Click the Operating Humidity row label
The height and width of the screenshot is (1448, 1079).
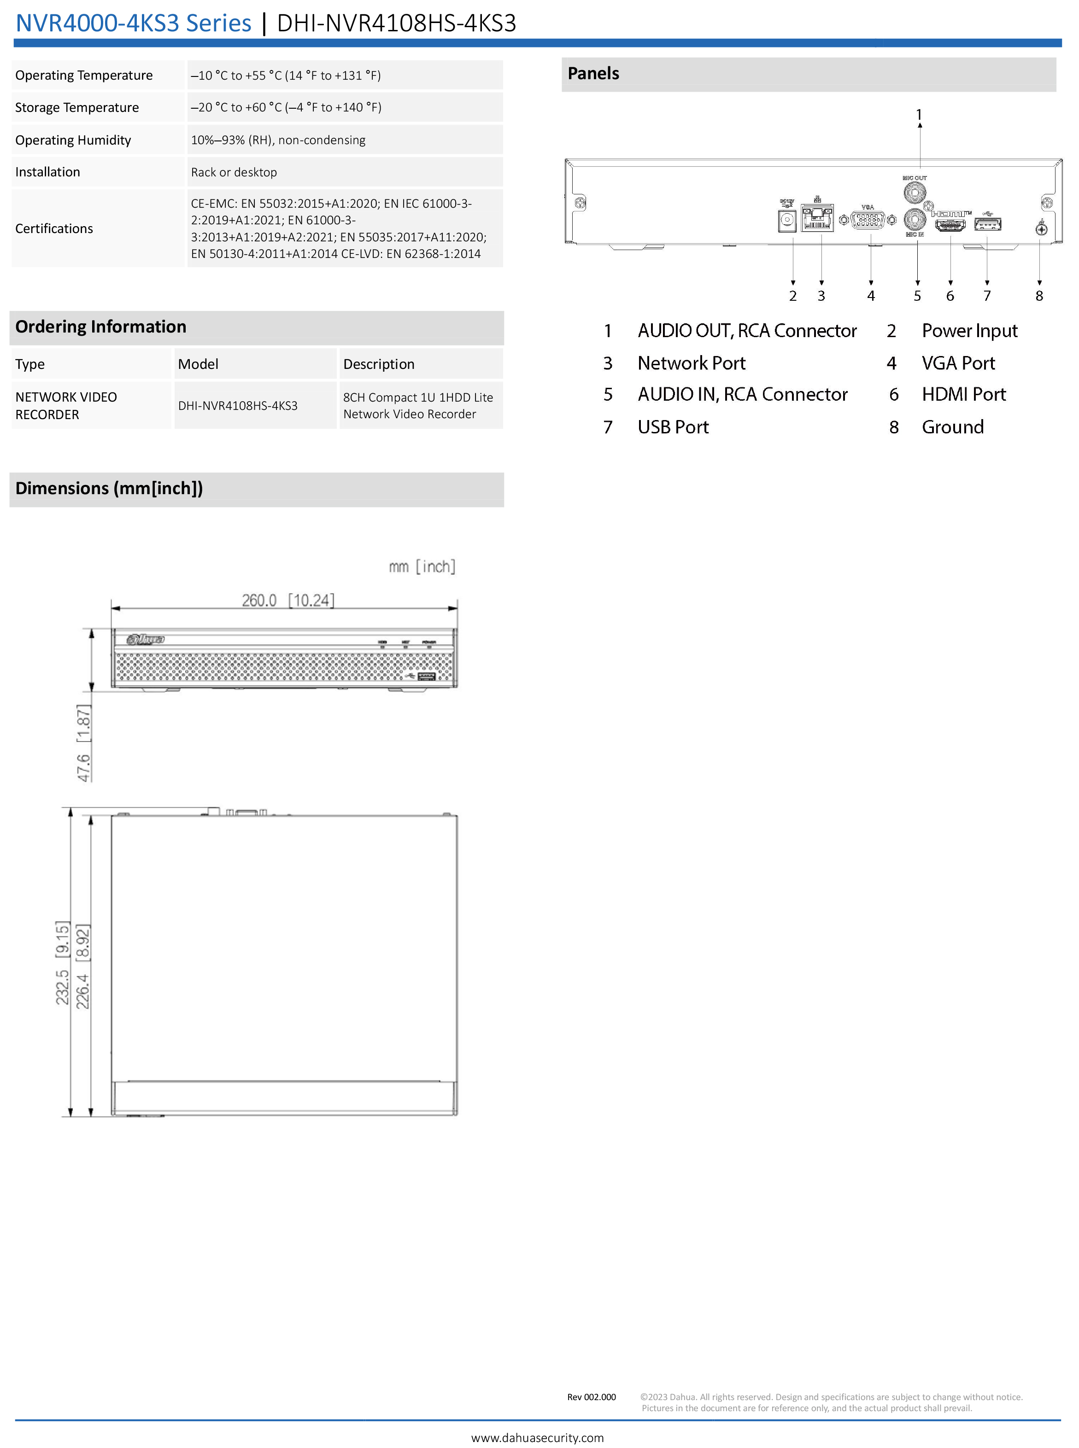point(73,140)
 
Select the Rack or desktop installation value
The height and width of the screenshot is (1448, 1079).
point(234,172)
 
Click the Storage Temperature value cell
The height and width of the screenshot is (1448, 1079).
point(286,107)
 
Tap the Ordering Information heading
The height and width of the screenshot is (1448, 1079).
point(100,327)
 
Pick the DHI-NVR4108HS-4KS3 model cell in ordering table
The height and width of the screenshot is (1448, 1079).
point(238,405)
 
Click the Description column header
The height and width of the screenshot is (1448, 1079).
point(379,364)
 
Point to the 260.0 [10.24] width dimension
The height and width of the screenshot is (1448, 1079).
point(287,600)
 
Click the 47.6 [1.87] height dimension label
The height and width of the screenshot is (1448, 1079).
point(83,743)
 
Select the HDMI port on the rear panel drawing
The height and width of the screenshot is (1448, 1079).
point(950,225)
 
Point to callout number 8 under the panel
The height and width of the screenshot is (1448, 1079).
point(1039,296)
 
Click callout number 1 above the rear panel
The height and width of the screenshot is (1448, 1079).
point(919,115)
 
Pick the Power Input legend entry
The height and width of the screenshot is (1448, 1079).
point(969,331)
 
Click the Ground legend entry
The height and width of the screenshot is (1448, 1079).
point(952,427)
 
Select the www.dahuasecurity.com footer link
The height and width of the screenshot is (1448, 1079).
point(538,1437)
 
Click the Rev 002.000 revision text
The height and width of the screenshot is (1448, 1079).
point(591,1397)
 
